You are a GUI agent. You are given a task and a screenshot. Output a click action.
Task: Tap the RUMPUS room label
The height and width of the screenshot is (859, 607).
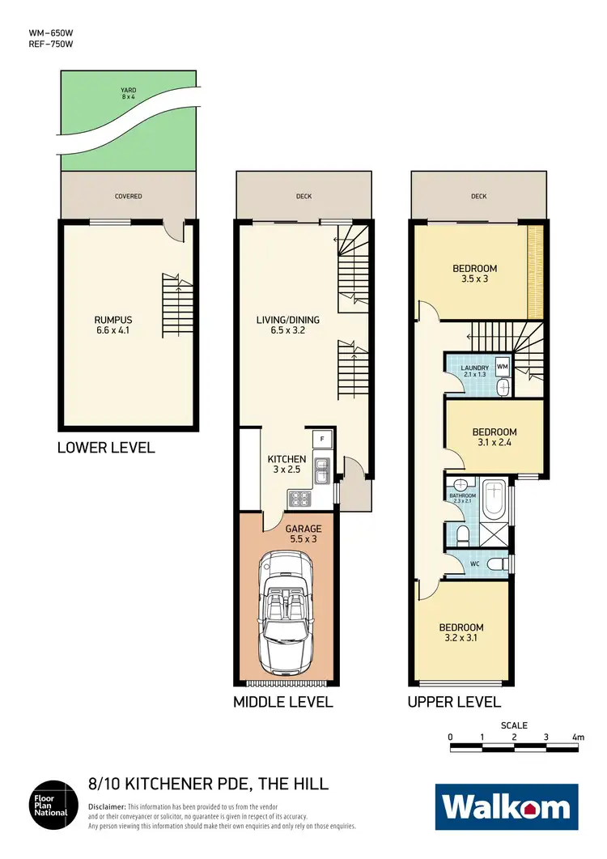coord(112,324)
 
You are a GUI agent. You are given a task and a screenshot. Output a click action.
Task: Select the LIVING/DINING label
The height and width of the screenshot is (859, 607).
coord(287,325)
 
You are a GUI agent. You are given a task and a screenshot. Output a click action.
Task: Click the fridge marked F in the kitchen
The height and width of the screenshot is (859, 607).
coord(321,440)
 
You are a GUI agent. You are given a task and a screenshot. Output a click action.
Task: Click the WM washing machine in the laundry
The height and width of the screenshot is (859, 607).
coord(502,368)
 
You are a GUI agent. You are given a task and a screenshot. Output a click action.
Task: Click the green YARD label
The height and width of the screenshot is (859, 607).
coord(128,92)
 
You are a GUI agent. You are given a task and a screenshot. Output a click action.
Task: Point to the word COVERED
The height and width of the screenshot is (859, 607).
coord(128,197)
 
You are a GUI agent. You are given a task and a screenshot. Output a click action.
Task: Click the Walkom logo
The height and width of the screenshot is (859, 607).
coord(507,807)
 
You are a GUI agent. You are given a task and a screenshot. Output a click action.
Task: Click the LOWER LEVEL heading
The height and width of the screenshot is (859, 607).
coord(106,448)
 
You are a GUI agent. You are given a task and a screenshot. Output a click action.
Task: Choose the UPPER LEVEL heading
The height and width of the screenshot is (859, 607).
coord(454,702)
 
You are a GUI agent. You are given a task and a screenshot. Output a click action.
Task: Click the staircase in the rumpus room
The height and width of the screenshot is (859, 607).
coord(176,300)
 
